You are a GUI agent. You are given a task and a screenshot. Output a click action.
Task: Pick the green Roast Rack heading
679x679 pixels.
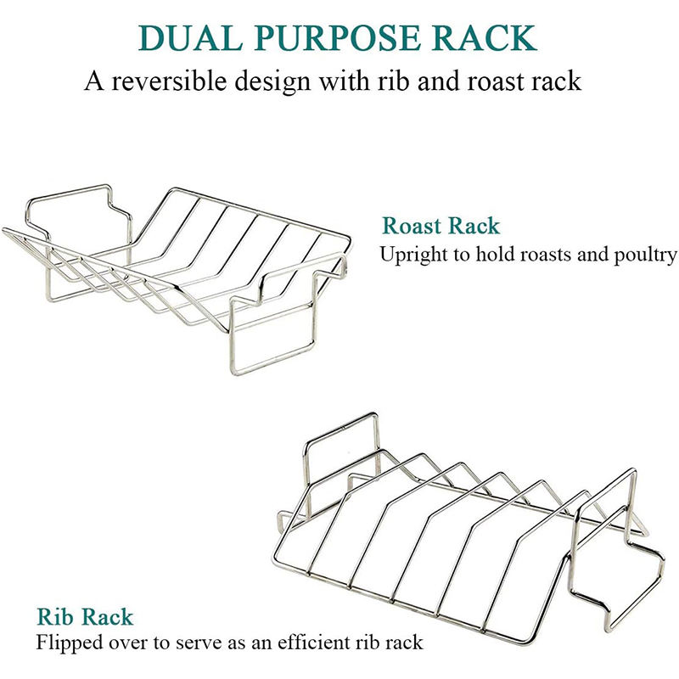[441, 227]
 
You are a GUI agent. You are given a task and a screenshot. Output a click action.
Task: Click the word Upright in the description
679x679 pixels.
[412, 254]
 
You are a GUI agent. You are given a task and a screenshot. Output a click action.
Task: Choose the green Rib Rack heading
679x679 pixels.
[84, 617]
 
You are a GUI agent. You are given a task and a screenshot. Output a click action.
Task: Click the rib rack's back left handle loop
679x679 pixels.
[339, 441]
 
